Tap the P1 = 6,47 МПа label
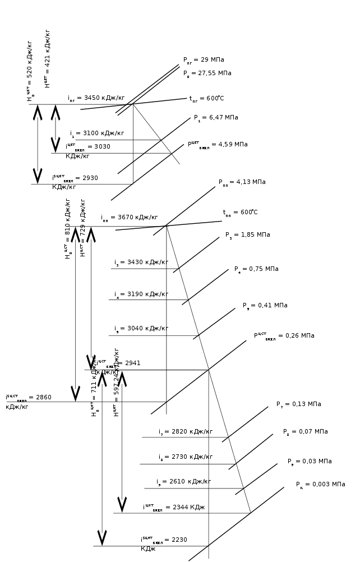216,118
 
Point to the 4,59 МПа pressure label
218,145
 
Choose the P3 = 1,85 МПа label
247,235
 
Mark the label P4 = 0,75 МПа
256,269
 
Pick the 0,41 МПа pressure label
265,306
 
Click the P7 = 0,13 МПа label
298,404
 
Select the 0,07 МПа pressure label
305,432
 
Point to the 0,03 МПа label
310,462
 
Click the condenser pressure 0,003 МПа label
320,485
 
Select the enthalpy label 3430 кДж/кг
141,262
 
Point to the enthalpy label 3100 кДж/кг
97,133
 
